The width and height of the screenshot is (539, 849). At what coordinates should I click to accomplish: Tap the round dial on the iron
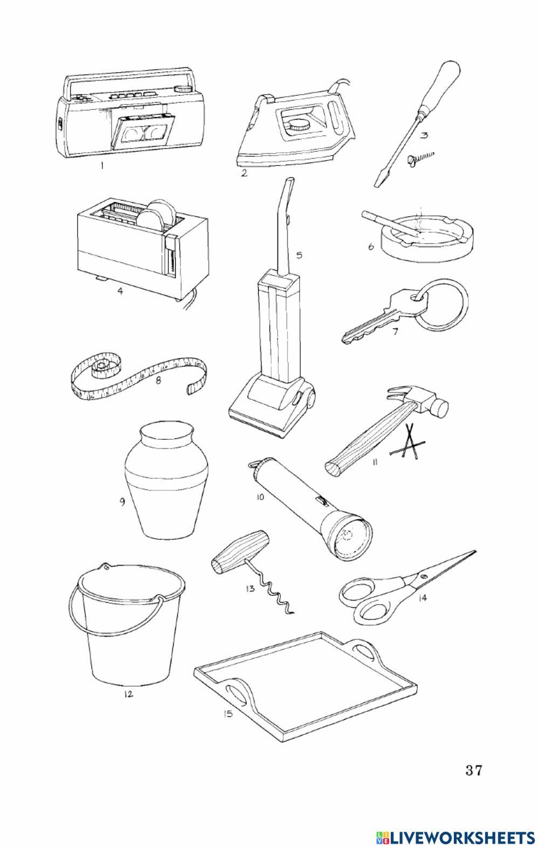click(x=298, y=125)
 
